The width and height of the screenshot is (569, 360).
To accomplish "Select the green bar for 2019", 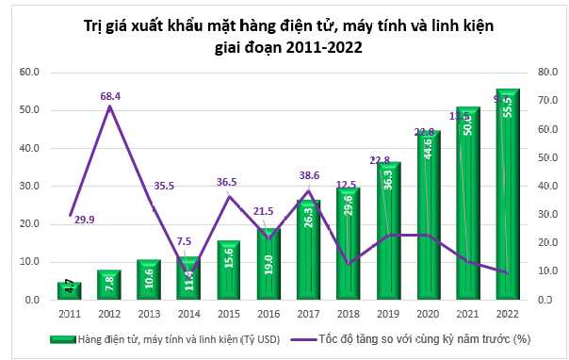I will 390,231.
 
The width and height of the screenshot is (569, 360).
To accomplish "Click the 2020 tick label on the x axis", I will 429,312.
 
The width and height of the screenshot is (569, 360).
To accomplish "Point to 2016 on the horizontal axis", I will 269,312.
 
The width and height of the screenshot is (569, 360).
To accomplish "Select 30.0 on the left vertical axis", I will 28,186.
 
